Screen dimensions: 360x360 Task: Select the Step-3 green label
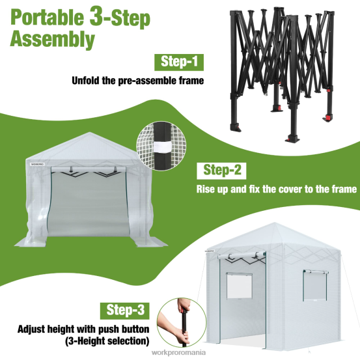point(125,310)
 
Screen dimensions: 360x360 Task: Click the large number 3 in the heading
point(102,16)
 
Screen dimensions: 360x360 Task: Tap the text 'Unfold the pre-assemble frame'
point(137,81)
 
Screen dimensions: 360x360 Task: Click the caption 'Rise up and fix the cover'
point(277,190)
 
